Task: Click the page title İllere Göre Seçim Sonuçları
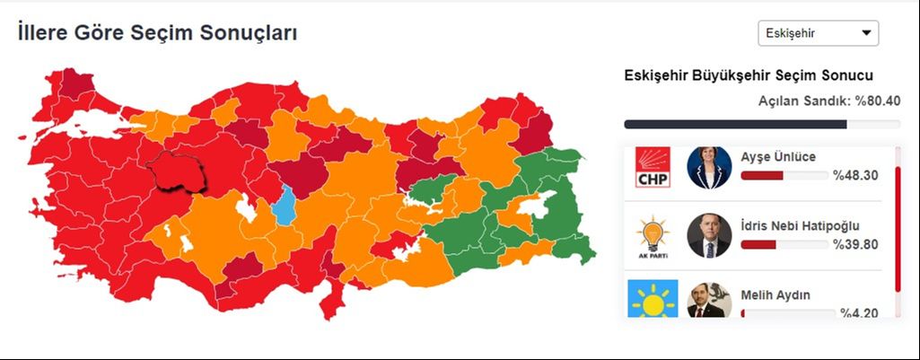point(157,33)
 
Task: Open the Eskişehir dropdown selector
point(818,33)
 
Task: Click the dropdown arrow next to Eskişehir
point(866,33)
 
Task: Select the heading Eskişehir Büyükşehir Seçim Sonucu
point(749,75)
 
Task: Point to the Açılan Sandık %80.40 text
point(829,101)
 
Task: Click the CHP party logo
point(653,168)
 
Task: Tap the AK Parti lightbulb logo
point(653,236)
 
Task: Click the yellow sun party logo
point(653,299)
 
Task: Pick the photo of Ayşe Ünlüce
point(709,168)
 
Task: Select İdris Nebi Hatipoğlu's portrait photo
point(709,236)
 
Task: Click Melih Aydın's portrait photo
point(709,301)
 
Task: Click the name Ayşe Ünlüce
point(778,157)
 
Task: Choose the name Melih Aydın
point(775,294)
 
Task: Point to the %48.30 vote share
point(855,176)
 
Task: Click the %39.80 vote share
point(855,244)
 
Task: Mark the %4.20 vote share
point(859,312)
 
